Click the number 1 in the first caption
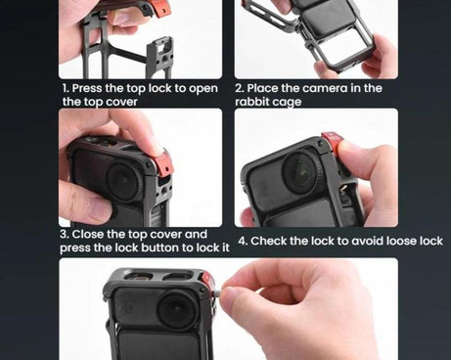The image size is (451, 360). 66,88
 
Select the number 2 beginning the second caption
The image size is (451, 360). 239,88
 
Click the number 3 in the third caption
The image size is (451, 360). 64,235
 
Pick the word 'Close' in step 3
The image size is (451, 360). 91,235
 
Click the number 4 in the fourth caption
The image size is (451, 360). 242,241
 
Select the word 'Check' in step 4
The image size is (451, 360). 273,241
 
